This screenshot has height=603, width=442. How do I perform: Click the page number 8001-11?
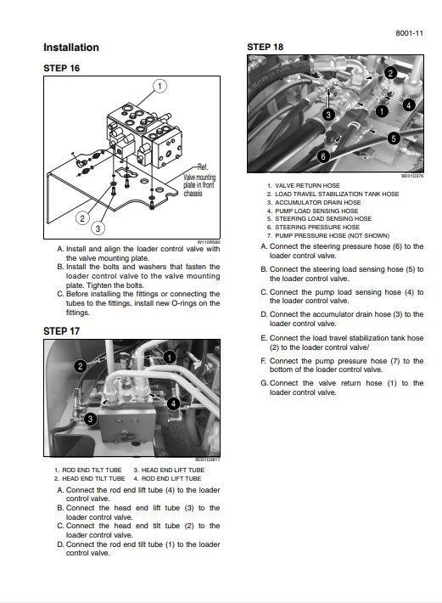click(x=410, y=32)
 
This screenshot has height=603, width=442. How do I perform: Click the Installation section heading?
click(x=71, y=48)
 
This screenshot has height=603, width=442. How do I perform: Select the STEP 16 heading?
click(x=61, y=68)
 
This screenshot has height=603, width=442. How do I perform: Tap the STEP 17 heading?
click(x=61, y=330)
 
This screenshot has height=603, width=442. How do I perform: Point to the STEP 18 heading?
click(x=265, y=47)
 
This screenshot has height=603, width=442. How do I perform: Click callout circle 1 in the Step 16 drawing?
click(x=159, y=86)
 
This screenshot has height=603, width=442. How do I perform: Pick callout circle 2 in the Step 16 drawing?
click(x=82, y=218)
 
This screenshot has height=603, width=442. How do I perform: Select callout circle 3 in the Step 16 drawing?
click(x=98, y=228)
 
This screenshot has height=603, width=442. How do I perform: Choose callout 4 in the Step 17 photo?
click(x=173, y=403)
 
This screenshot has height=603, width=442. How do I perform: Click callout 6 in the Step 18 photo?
click(x=322, y=156)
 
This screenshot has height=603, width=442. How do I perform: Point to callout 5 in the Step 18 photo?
click(x=394, y=138)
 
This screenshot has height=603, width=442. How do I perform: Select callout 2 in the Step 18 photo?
click(x=390, y=73)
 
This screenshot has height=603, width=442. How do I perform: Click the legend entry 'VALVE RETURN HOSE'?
click(x=304, y=185)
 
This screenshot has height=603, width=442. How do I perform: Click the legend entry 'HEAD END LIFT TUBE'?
click(x=172, y=470)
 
